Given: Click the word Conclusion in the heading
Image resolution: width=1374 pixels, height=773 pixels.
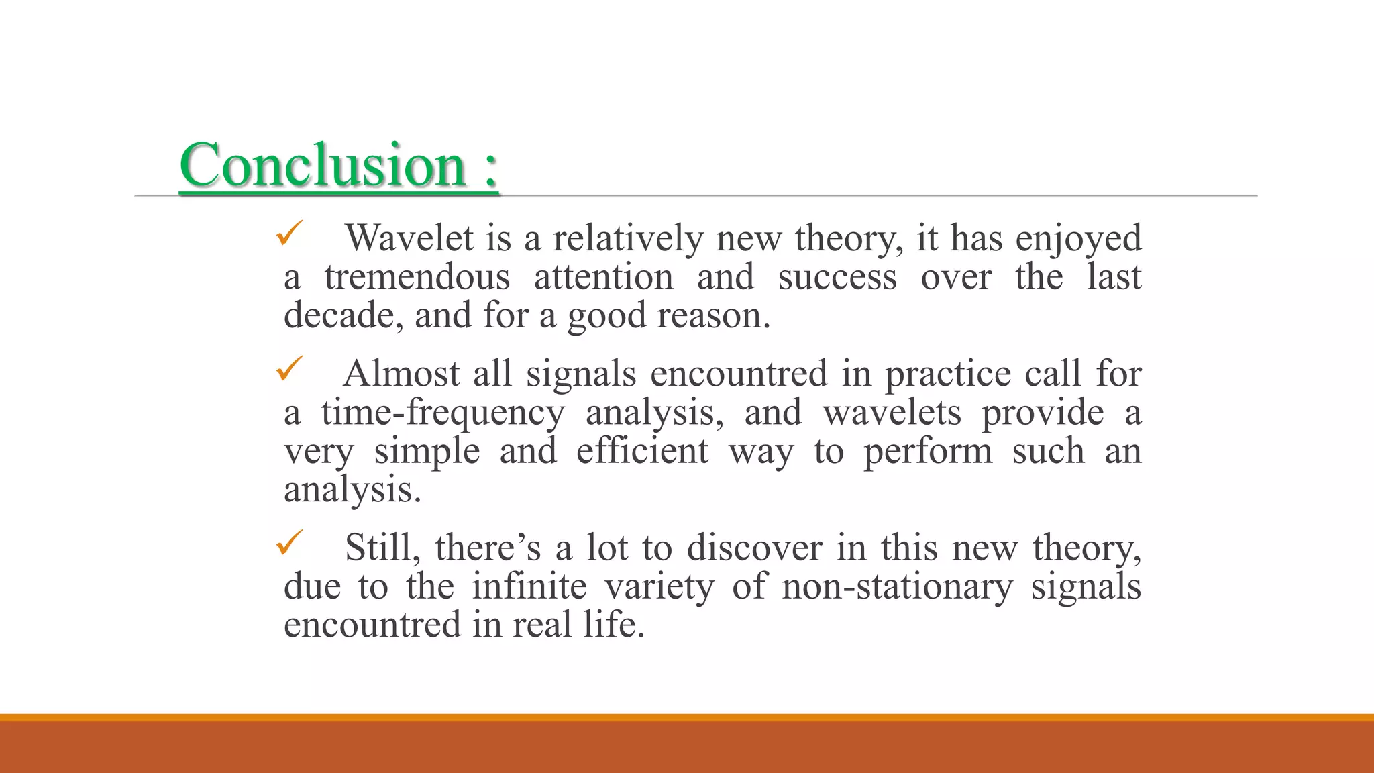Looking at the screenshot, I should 322,165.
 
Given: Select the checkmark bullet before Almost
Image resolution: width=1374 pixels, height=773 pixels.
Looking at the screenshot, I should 290,369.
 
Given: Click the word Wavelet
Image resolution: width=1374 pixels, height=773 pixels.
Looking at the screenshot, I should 409,238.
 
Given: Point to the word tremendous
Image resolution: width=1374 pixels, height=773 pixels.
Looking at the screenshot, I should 417,277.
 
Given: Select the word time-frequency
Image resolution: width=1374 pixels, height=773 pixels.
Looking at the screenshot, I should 443,413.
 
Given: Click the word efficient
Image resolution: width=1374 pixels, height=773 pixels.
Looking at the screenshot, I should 642,451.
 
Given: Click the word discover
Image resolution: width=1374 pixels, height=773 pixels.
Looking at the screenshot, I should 754,548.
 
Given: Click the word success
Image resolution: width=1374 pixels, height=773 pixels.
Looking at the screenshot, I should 837,277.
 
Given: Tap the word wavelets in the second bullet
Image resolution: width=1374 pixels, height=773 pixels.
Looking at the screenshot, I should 892,413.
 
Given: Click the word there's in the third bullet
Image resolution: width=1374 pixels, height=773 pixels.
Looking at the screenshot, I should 488,548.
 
